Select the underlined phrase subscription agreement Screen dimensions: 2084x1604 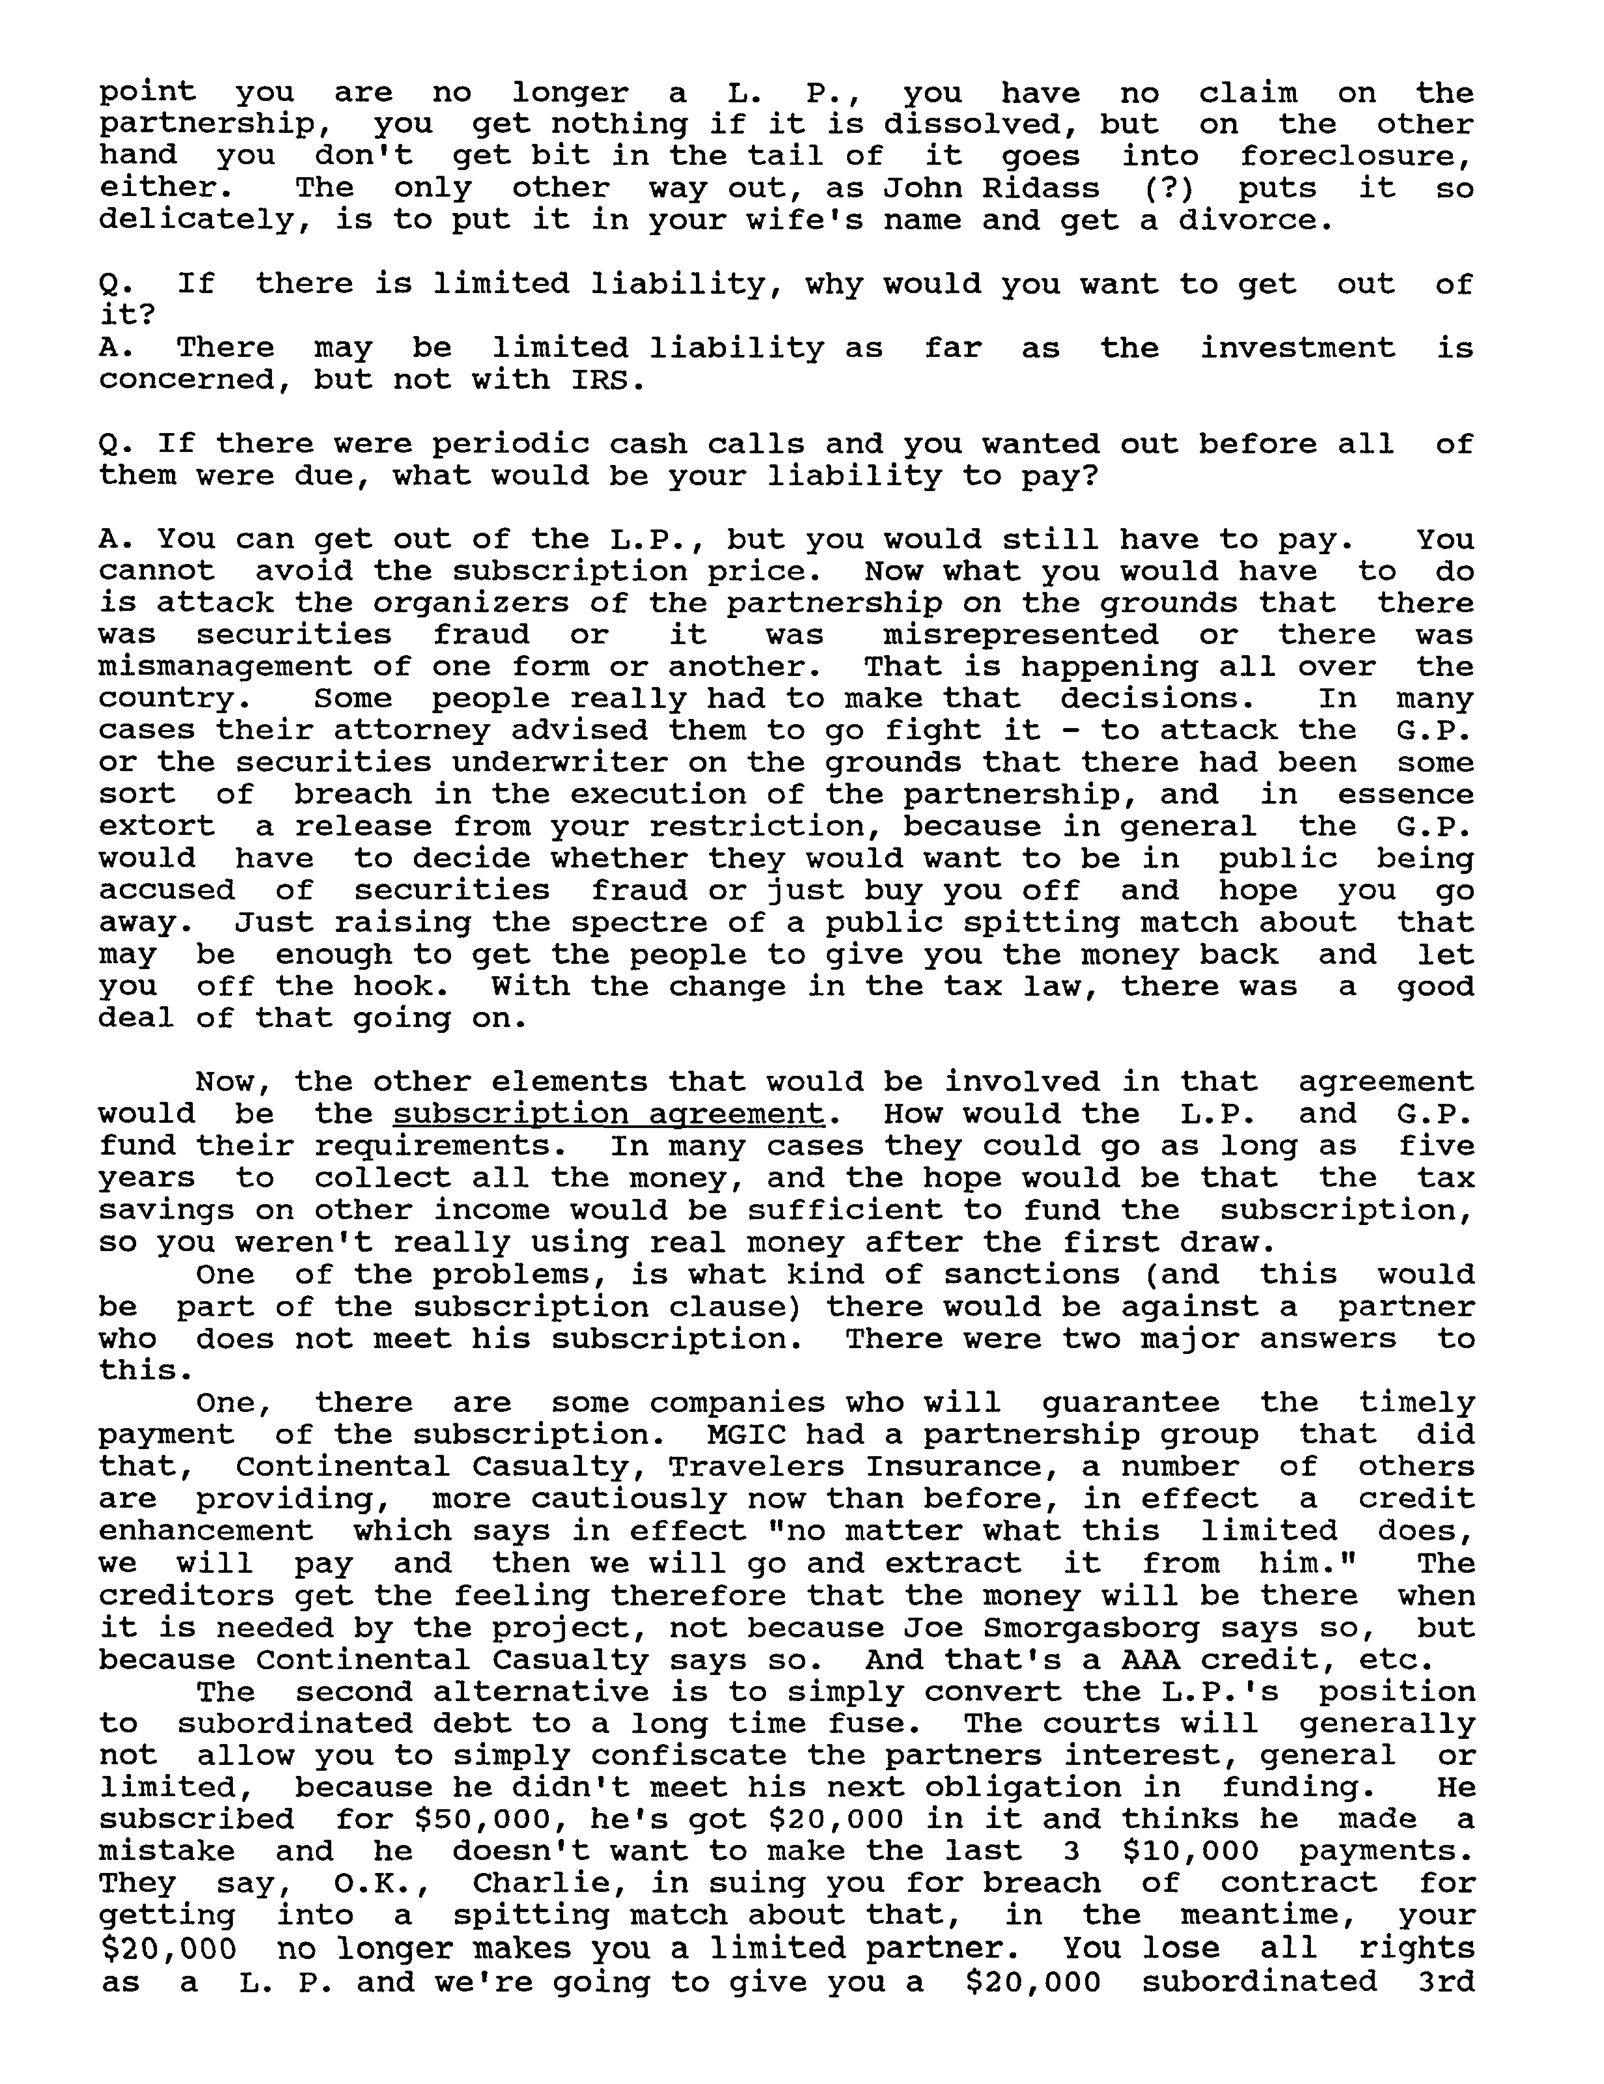pos(608,1114)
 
